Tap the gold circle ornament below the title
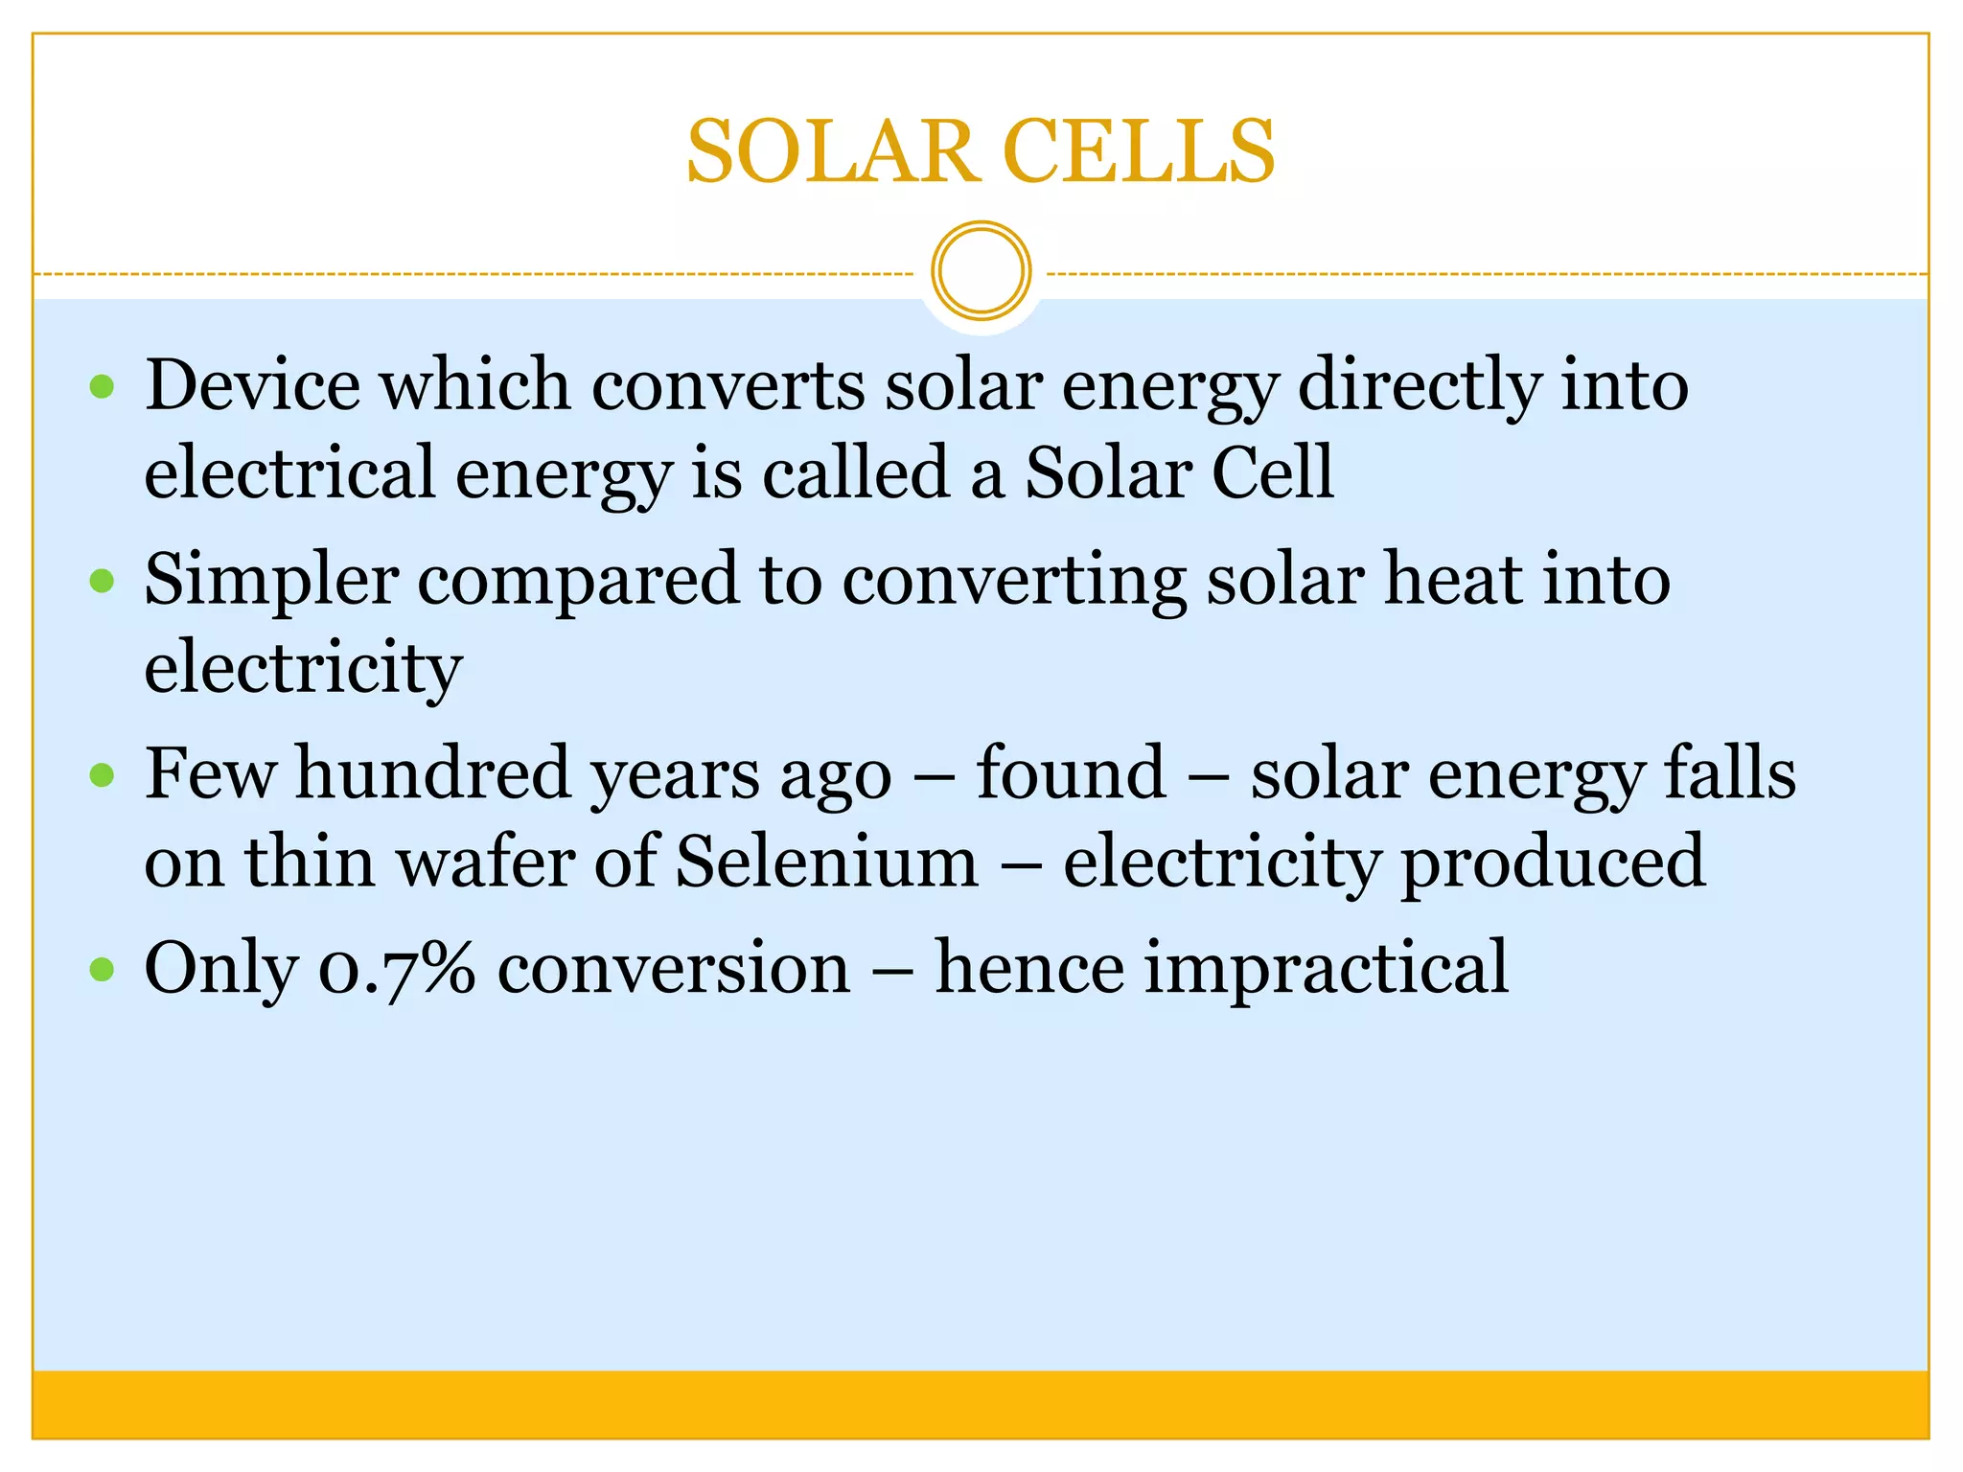(981, 271)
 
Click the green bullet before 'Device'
(102, 387)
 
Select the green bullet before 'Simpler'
(102, 581)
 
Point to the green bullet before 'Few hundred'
(102, 774)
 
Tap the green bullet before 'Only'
(102, 969)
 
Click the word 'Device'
(252, 385)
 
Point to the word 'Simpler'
(271, 581)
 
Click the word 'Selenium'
(826, 861)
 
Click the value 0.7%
(396, 968)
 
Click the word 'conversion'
(674, 968)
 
